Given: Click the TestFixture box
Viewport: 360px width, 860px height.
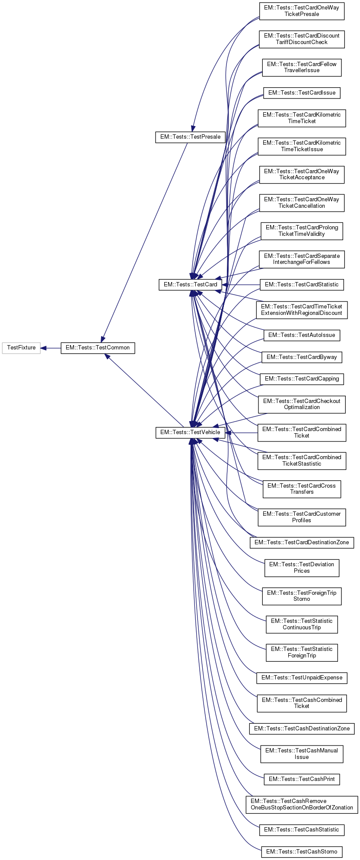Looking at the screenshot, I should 21,348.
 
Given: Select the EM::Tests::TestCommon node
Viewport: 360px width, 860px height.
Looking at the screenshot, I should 98,348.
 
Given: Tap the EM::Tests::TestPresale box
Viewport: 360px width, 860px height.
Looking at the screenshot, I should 190,137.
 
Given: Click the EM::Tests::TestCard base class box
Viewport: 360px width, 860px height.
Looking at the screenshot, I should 190,285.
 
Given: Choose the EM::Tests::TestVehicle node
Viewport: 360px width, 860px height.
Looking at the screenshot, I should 190,432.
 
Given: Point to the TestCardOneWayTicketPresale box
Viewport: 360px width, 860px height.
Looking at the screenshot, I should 302,11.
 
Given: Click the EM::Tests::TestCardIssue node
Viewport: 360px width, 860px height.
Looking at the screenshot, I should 302,93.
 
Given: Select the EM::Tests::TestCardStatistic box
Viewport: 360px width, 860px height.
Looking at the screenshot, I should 302,285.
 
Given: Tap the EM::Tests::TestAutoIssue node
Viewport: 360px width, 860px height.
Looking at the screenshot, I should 302,335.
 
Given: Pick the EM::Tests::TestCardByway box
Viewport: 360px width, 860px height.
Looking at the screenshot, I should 302,357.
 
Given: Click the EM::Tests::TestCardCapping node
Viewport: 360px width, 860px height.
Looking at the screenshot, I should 302,379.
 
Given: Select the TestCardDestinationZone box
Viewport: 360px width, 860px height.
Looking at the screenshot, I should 302,543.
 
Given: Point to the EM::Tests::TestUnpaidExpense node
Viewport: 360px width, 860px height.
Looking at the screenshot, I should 302,678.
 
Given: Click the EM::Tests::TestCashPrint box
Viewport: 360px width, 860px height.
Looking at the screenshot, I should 302,779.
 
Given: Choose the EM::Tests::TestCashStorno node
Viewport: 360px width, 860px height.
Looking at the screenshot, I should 302,852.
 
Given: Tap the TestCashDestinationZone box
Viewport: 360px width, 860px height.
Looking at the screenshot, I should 302,729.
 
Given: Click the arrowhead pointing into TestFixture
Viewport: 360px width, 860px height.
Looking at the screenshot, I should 44,348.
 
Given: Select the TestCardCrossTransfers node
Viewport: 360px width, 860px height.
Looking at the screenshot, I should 302,489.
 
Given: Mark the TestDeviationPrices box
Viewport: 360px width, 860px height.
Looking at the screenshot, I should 302,568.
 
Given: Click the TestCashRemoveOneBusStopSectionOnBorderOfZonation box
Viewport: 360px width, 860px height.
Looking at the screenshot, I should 302,804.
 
